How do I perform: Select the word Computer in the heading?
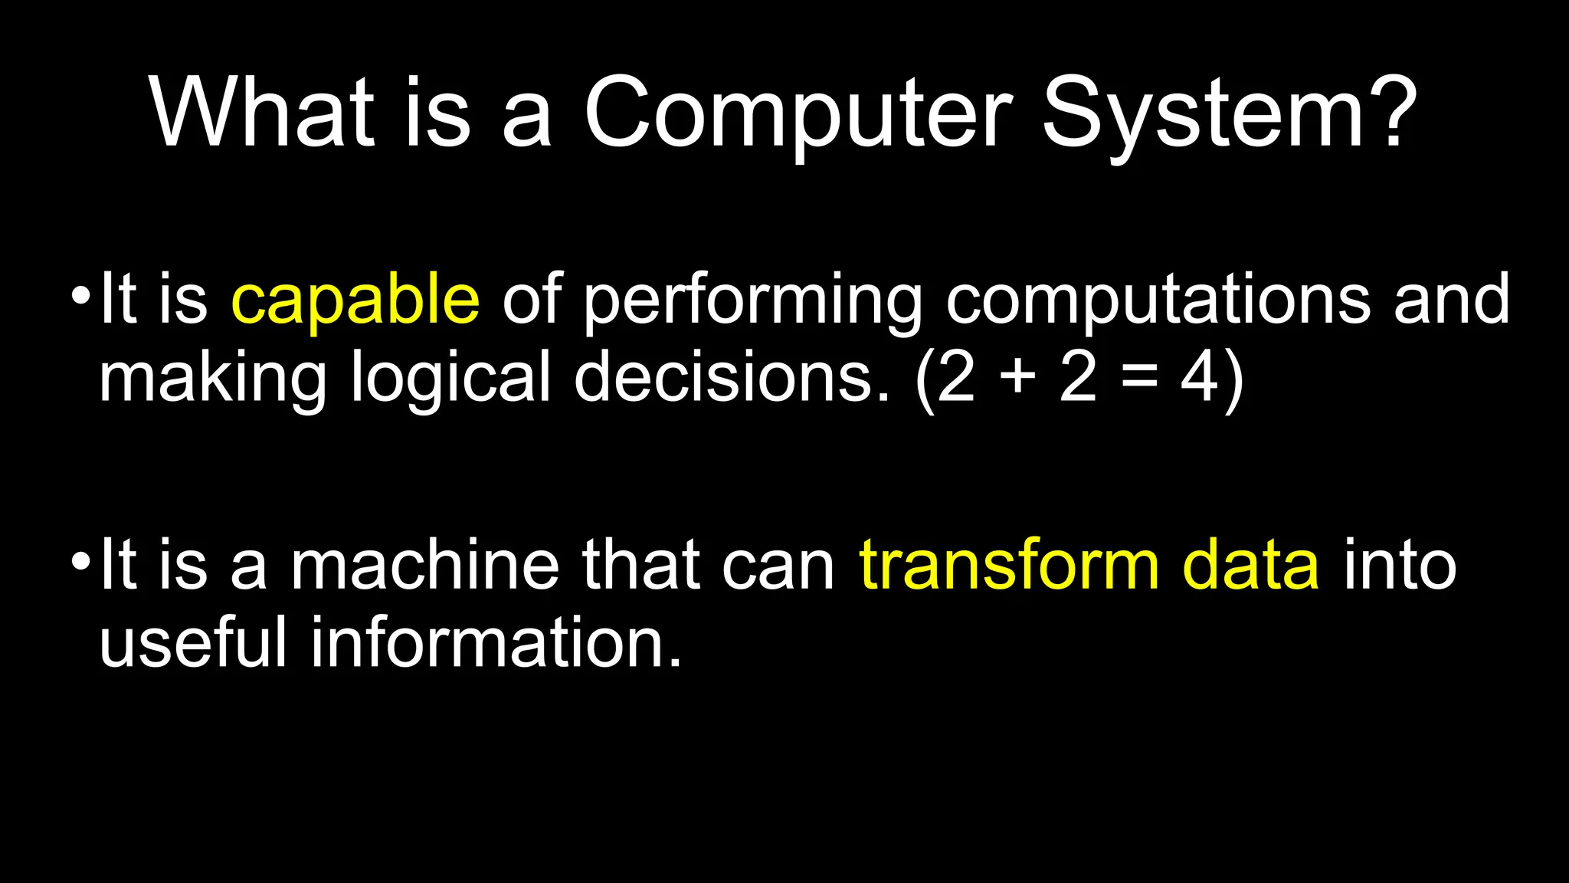(x=798, y=113)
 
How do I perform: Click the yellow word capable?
(x=355, y=300)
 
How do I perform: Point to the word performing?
(x=753, y=300)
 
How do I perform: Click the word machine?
(x=424, y=565)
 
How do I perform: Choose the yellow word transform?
(x=1010, y=565)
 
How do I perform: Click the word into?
(x=1400, y=565)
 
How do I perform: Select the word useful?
(x=193, y=642)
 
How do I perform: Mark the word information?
(x=496, y=642)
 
